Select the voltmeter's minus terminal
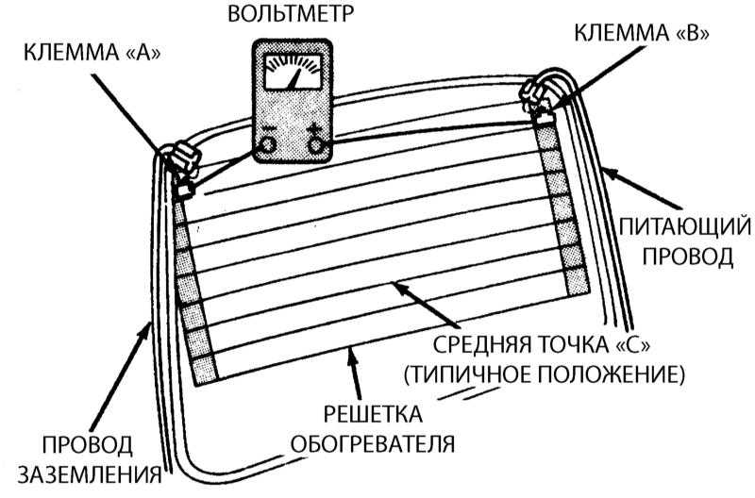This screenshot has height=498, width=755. [268, 142]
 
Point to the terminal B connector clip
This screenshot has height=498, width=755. [538, 96]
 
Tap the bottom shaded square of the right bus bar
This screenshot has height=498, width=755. [578, 281]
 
